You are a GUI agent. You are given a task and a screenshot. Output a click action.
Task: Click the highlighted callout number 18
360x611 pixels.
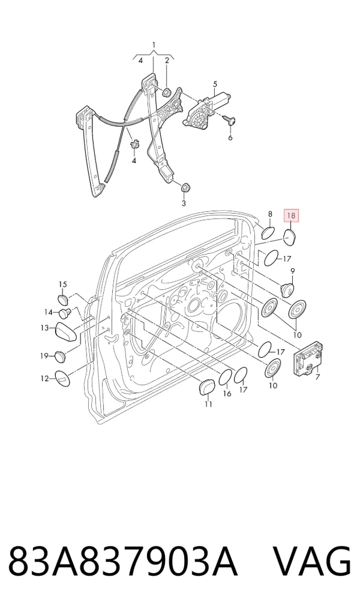coord(291,215)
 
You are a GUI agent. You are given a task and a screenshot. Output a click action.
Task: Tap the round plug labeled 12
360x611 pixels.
coord(62,378)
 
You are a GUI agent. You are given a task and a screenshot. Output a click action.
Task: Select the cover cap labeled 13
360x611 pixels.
coord(65,331)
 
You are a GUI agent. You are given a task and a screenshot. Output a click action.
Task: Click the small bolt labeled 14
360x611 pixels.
coord(64,312)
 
